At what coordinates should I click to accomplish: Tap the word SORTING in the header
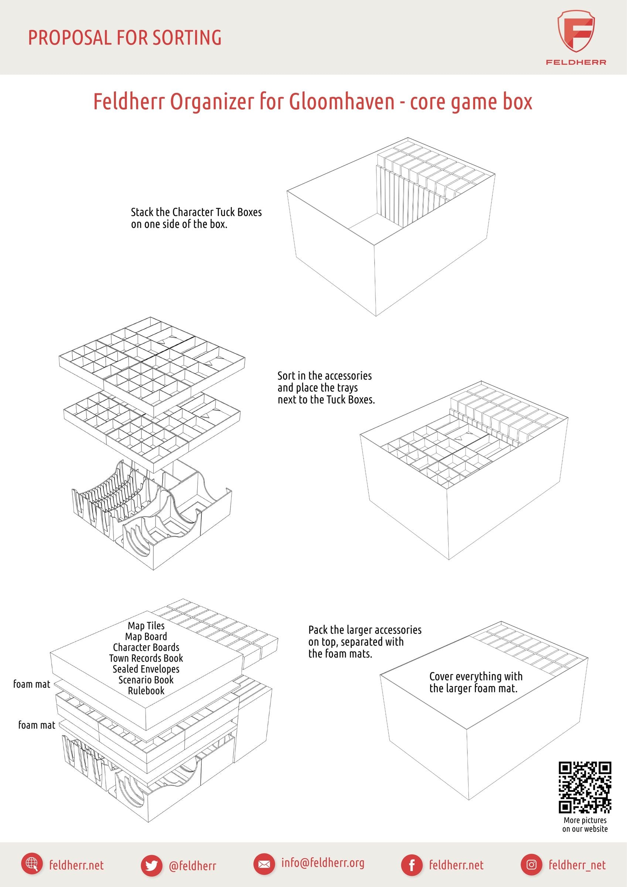coord(187,37)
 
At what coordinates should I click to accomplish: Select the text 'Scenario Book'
coord(146,680)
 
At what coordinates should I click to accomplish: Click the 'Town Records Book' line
coord(146,658)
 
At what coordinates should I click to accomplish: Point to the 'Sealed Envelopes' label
coord(146,669)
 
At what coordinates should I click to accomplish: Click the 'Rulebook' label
coord(146,690)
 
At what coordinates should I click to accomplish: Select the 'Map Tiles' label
coord(146,625)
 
